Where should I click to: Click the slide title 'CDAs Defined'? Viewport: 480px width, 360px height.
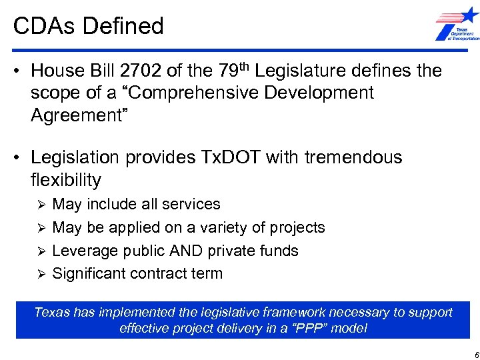(x=89, y=26)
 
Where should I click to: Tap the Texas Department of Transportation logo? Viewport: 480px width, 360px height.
(x=457, y=25)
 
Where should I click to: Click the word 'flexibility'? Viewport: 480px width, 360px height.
(x=66, y=180)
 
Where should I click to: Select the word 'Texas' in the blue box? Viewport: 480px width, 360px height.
(x=51, y=312)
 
